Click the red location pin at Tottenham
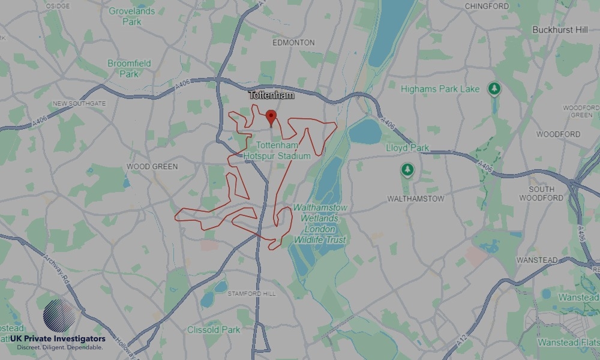(x=271, y=116)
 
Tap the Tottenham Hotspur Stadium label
(x=277, y=151)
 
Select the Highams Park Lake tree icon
(x=494, y=89)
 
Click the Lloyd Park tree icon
(x=407, y=170)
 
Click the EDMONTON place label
(x=293, y=43)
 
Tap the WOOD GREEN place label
(x=152, y=166)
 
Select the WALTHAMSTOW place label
(x=415, y=198)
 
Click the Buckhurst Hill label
(x=560, y=29)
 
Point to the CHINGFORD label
(x=487, y=7)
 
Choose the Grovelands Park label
(x=132, y=16)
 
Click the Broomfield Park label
(x=129, y=68)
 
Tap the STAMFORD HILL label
(x=252, y=293)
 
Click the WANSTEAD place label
(x=536, y=260)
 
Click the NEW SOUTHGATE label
(x=79, y=103)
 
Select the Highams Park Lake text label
(x=440, y=89)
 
